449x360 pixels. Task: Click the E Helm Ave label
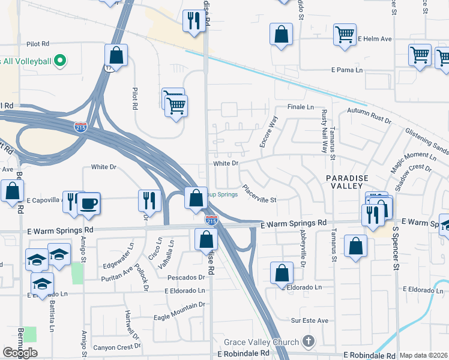(x=375, y=39)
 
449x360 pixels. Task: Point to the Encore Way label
(x=268, y=131)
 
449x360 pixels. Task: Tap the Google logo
(x=20, y=353)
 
